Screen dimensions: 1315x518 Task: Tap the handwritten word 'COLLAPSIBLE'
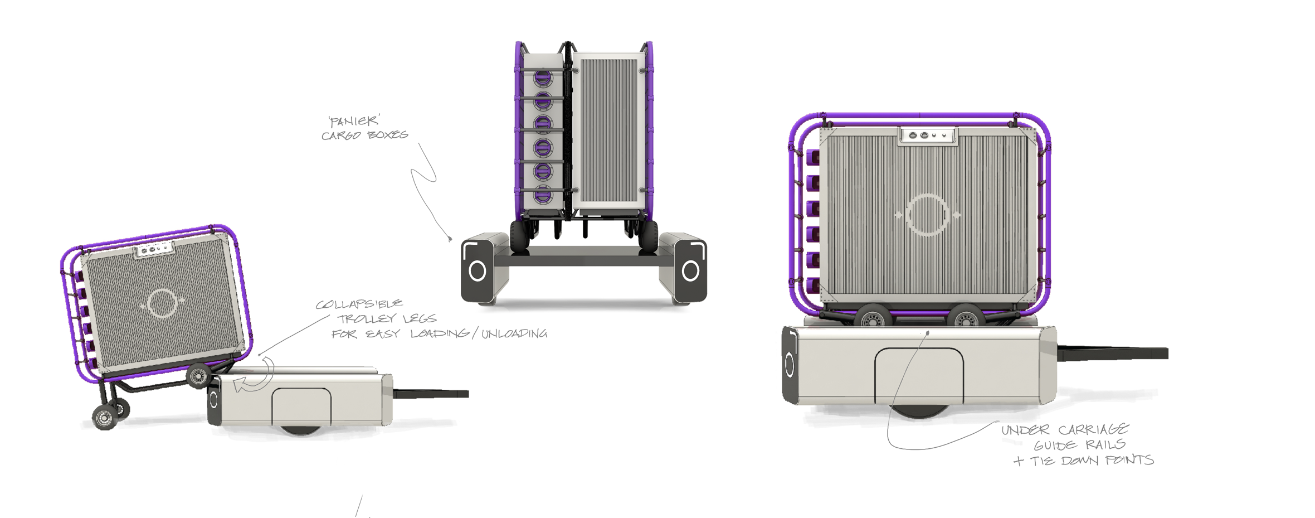pos(359,304)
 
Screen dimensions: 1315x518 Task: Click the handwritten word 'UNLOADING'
pos(514,334)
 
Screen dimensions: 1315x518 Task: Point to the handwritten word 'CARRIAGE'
pos(1093,429)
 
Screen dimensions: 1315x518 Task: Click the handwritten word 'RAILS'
pos(1105,445)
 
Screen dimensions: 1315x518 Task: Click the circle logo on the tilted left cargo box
pos(162,304)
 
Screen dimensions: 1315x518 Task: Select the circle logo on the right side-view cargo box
pos(927,215)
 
